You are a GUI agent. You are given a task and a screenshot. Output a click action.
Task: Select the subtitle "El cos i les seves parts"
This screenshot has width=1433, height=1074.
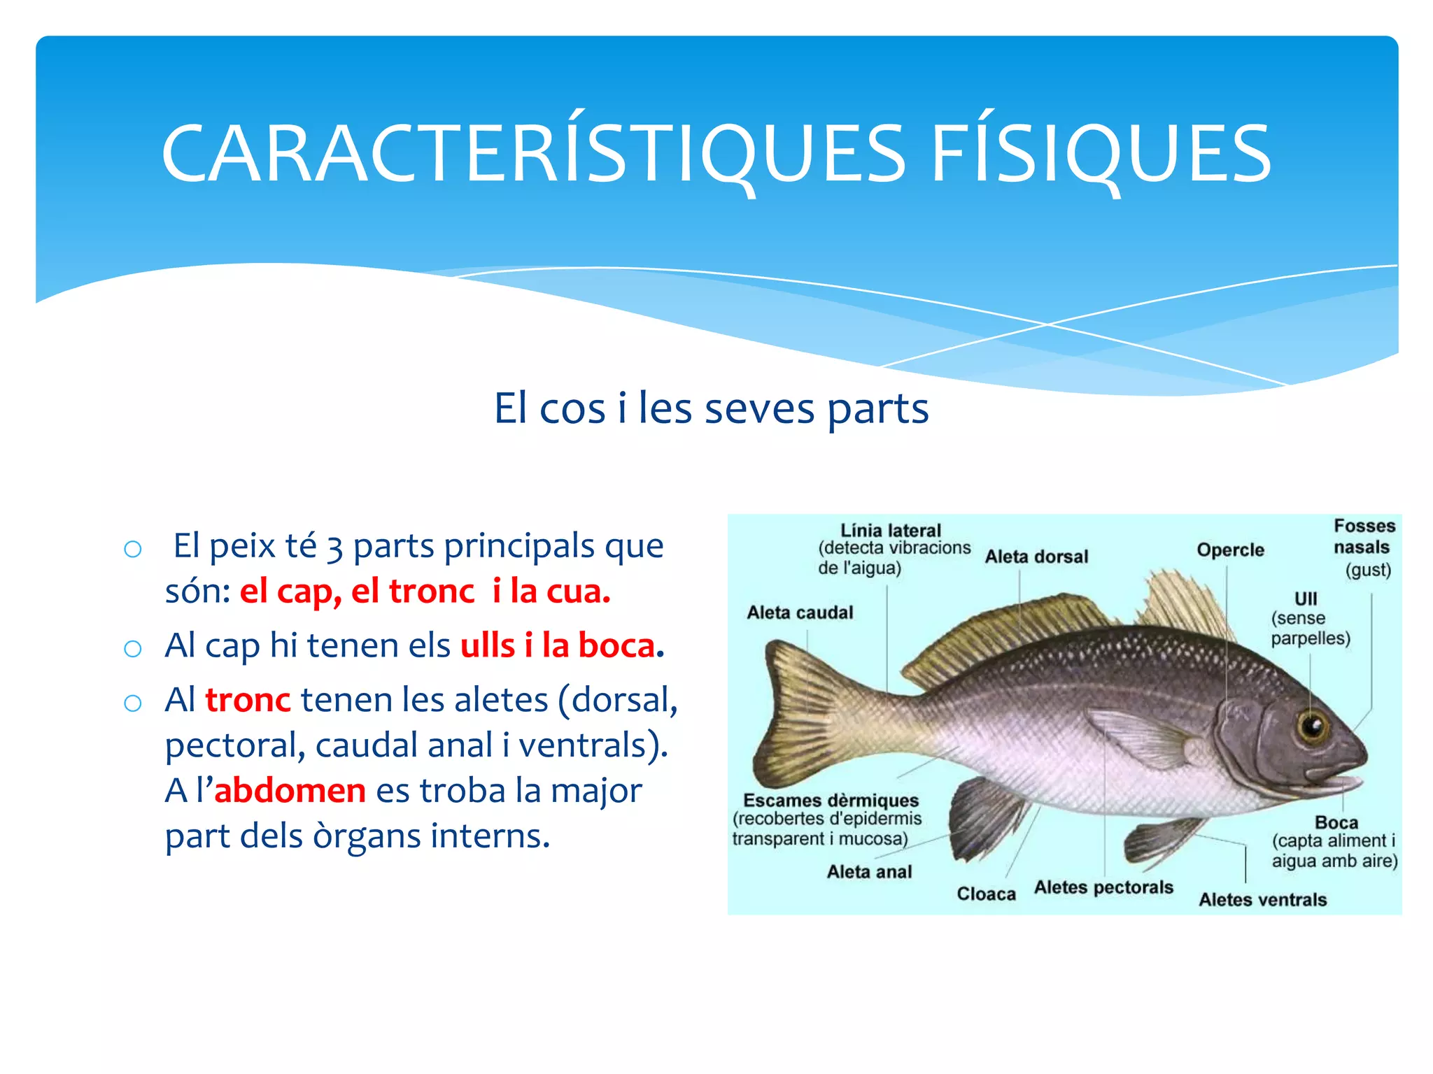pos(711,408)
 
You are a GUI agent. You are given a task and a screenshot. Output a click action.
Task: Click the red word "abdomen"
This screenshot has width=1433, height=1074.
pos(290,791)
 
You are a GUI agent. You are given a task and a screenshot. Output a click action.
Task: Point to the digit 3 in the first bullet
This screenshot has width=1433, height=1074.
pos(334,547)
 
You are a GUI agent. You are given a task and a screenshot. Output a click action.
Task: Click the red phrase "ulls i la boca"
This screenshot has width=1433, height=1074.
pos(558,645)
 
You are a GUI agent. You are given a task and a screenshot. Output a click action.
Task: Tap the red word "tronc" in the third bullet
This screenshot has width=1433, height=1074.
pos(248,700)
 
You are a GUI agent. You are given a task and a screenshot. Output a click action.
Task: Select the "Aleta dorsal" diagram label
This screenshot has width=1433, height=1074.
pos(1036,557)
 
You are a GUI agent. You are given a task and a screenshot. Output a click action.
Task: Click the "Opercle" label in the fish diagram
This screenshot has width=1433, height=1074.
pos(1230,550)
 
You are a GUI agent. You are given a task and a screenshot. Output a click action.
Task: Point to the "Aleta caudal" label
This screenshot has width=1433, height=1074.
pos(800,613)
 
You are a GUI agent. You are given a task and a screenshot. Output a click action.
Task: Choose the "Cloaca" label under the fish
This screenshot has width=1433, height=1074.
pos(986,894)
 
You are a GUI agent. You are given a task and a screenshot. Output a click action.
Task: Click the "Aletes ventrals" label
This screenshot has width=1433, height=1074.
pos(1262,900)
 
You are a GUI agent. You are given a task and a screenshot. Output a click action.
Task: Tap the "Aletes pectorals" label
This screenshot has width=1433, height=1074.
pos(1103,887)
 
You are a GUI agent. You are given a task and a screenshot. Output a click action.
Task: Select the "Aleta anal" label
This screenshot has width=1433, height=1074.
pos(869,872)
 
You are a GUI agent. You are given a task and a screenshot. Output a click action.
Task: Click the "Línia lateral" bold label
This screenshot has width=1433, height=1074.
pos(891,531)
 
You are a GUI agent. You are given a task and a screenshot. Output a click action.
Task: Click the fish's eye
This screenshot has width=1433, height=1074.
pos(1313,726)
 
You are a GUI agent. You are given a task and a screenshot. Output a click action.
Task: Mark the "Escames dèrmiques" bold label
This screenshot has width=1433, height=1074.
pos(831,801)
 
